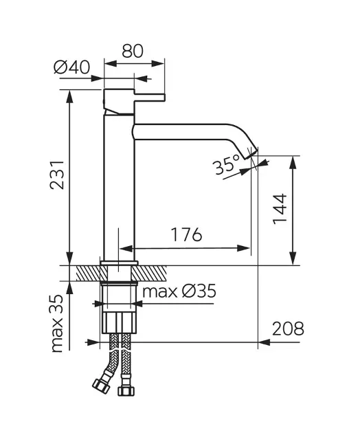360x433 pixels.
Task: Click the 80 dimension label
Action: tap(133, 51)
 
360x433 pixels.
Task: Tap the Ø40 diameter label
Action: tap(71, 67)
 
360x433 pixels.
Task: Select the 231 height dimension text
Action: tap(57, 175)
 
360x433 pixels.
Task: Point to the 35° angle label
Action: tap(227, 164)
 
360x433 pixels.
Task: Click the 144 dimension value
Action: tap(280, 209)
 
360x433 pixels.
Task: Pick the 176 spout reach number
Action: tap(186, 234)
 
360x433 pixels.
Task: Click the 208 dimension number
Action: tap(288, 329)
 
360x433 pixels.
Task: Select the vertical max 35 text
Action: tap(57, 324)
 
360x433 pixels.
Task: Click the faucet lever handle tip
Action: tap(164, 98)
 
